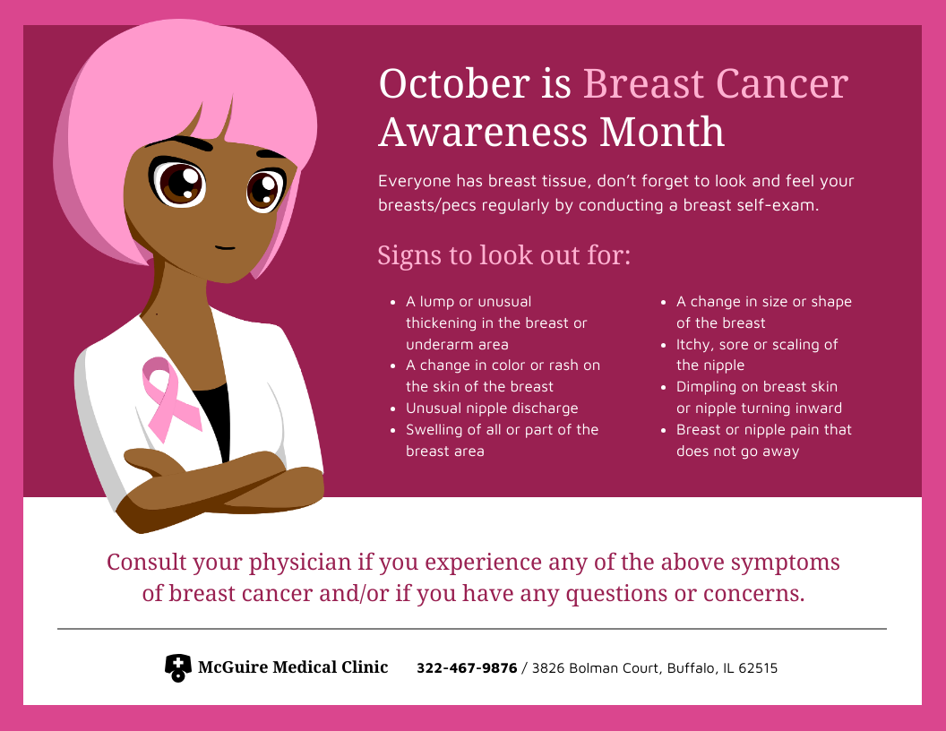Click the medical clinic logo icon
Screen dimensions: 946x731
[178, 667]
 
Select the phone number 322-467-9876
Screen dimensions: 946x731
[467, 668]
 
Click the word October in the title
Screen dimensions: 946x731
[454, 83]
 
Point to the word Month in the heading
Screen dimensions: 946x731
[661, 132]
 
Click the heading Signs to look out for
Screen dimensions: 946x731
[503, 255]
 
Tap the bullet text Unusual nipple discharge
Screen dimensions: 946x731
[492, 408]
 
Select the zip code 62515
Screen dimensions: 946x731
[758, 668]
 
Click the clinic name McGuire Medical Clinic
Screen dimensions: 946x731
[293, 667]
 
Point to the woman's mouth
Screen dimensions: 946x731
[225, 247]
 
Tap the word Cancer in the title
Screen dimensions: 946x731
[782, 83]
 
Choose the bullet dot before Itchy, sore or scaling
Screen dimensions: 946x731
[664, 345]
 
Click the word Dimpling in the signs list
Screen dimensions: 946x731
[702, 387]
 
